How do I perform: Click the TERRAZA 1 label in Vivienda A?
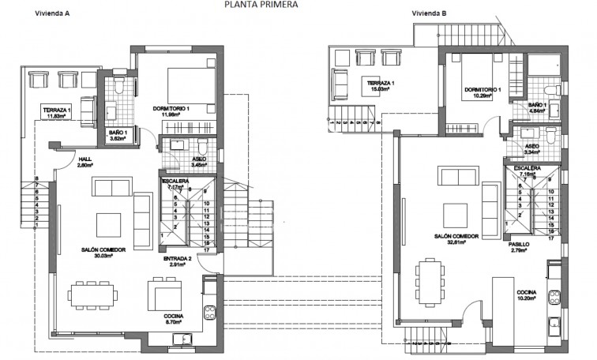click(x=58, y=113)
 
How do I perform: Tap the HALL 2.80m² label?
click(x=86, y=163)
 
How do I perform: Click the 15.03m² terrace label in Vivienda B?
click(x=381, y=88)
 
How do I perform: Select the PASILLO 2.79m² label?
click(x=518, y=249)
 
